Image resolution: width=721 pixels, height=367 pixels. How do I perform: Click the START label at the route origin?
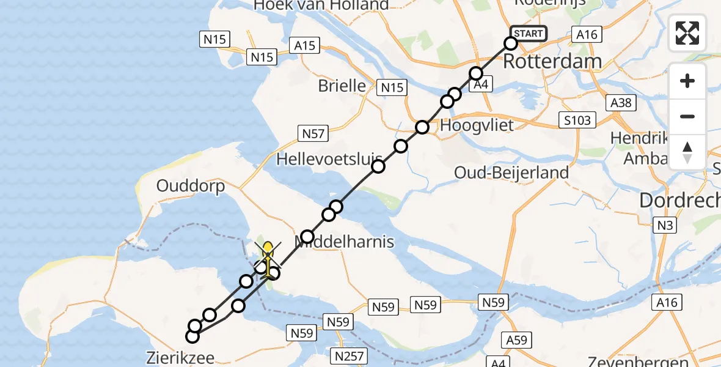pos(528,34)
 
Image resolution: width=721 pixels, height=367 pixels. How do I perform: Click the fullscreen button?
pos(687,33)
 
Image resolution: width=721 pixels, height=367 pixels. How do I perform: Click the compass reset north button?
pos(687,152)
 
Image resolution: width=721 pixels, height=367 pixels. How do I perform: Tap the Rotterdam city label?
pos(552,61)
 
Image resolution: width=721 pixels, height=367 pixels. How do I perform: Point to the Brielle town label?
pos(342,86)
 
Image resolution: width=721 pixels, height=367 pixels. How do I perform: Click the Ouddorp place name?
pos(191,185)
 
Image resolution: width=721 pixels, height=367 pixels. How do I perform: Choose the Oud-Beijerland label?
pos(511,173)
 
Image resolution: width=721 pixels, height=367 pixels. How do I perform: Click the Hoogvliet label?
pos(477,124)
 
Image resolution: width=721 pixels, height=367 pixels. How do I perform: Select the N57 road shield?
pos(313,133)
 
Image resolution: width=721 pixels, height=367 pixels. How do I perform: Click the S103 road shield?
pos(577,120)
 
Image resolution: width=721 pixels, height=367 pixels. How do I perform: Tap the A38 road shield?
pos(621,103)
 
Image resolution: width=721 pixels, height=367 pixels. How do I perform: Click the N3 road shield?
pos(666,225)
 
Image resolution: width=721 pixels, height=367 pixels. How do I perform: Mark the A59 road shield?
pos(517,339)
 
